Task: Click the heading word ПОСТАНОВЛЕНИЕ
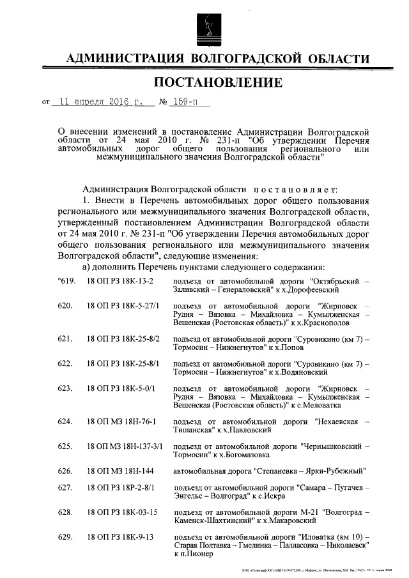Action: point(217,82)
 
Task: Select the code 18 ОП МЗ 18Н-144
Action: point(118,471)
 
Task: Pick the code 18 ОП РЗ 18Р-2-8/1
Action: point(122,488)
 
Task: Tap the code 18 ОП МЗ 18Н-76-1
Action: point(121,422)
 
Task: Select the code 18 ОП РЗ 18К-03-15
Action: point(122,512)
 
